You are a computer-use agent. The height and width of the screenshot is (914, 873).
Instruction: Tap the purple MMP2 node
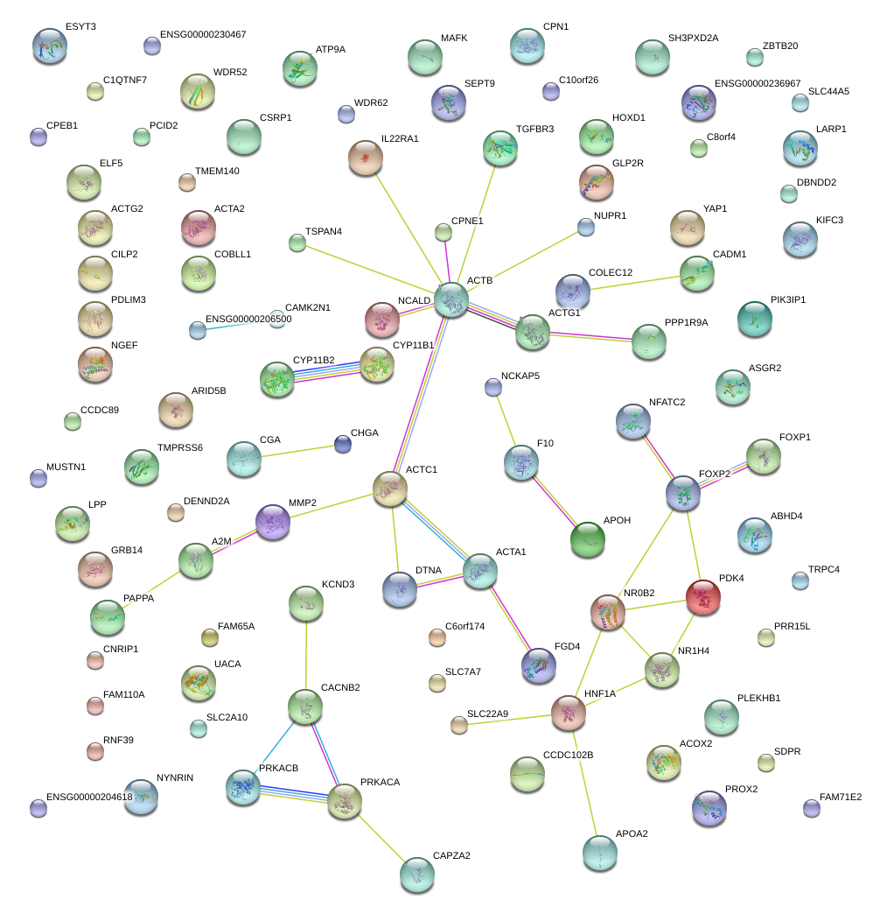[x=272, y=522]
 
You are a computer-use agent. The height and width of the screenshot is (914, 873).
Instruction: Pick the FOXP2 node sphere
[x=683, y=493]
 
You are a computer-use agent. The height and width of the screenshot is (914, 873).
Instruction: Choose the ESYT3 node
[x=49, y=46]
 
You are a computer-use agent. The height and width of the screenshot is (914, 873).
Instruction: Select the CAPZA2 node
[x=417, y=873]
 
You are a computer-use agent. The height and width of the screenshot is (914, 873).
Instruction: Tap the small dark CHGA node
[x=343, y=445]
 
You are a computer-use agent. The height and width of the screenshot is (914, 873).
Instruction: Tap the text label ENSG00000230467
[x=203, y=35]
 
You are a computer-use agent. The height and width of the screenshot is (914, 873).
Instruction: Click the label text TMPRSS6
[x=180, y=448]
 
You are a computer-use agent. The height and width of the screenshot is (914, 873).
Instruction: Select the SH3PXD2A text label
[x=693, y=39]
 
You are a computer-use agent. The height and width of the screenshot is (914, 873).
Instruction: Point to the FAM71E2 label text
[x=841, y=798]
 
